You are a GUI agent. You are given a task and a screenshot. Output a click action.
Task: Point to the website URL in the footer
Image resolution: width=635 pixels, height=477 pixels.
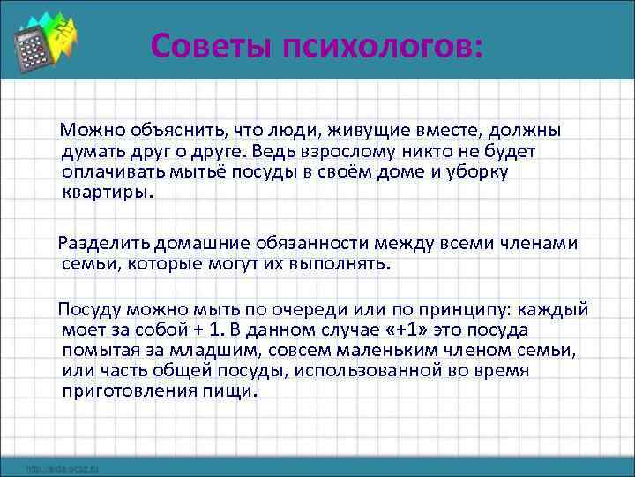coord(62,468)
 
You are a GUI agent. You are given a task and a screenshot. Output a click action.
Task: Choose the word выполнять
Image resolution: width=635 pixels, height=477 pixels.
coord(340,263)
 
